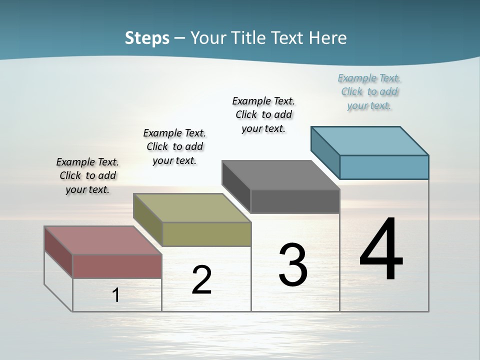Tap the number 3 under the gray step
tap(293, 265)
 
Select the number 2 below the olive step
tap(201, 280)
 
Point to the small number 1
tap(116, 295)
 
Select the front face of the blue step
tap(384, 167)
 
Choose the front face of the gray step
tap(295, 201)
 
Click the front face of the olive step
tap(206, 234)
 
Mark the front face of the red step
tap(117, 266)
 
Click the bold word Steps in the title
tap(147, 38)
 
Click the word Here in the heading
tap(328, 38)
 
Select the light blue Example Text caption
tap(369, 92)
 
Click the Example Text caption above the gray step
tap(263, 114)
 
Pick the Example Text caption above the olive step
tap(174, 146)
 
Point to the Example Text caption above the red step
tap(87, 175)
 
